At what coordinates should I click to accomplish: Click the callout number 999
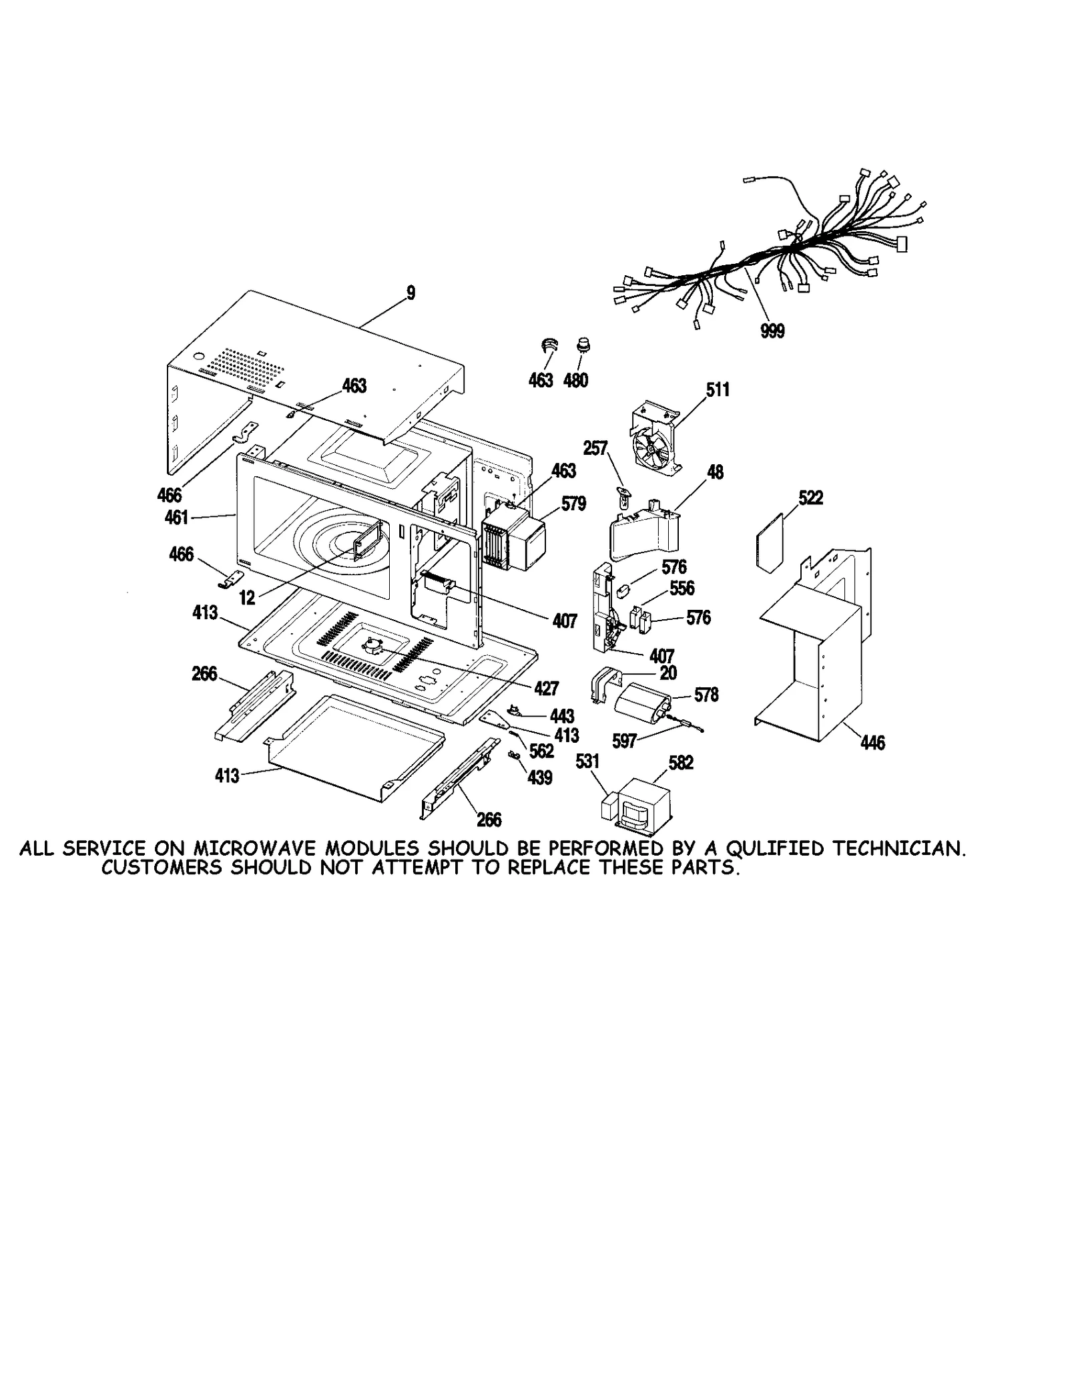[772, 331]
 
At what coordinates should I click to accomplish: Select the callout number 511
[718, 389]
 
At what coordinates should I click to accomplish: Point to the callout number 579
[573, 504]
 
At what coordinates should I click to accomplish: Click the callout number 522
[810, 498]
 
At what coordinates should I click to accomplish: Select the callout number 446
[872, 742]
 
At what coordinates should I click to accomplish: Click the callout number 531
[587, 761]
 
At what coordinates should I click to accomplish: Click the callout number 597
[624, 741]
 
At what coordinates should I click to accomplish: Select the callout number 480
[575, 380]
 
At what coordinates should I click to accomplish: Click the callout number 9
[411, 293]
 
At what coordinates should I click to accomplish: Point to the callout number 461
[177, 517]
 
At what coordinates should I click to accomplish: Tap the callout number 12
[247, 598]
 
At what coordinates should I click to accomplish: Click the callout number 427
[546, 688]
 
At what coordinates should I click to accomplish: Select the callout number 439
[539, 777]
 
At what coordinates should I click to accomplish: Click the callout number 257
[595, 448]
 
